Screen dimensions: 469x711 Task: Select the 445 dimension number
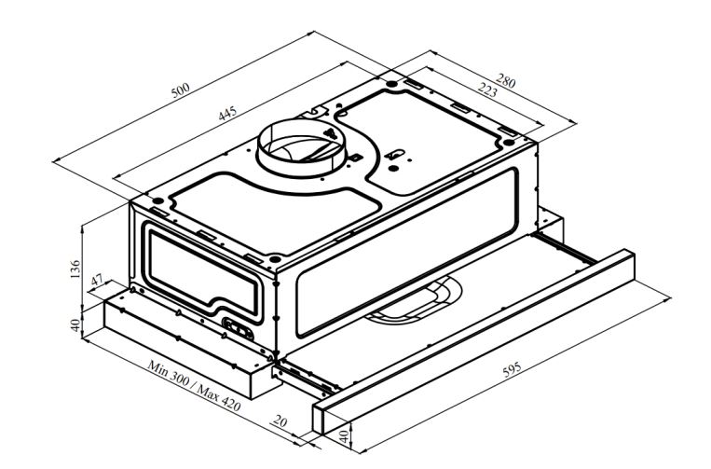pyautogui.click(x=227, y=115)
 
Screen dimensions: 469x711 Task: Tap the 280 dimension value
pyautogui.click(x=504, y=81)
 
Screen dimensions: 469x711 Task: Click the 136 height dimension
pyautogui.click(x=75, y=269)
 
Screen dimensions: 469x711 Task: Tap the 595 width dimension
pyautogui.click(x=512, y=370)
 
